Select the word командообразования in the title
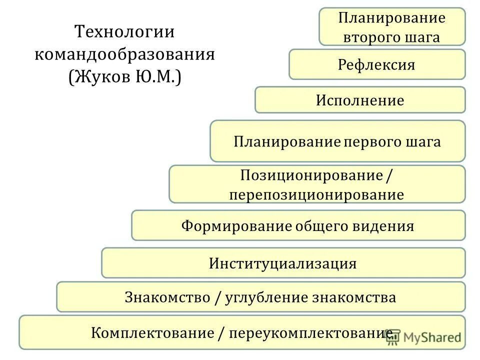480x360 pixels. point(124,54)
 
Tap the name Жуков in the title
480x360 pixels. point(103,76)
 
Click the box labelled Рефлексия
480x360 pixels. point(377,64)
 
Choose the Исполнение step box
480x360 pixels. point(360,100)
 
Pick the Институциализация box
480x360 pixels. point(283,263)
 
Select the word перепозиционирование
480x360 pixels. point(316,194)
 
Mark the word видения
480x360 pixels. point(385,225)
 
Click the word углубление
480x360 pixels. point(266,297)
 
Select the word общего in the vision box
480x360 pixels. point(324,225)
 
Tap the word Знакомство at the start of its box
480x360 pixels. point(167,297)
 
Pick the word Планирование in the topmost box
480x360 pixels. point(391,18)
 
